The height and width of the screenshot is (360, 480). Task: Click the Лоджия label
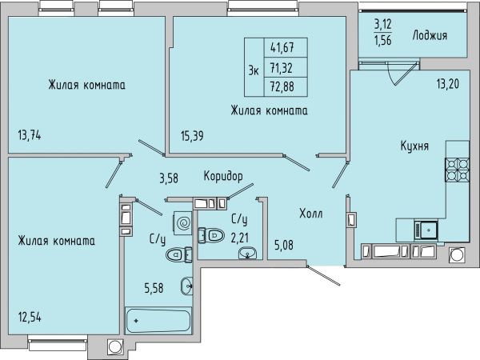pyautogui.click(x=430, y=35)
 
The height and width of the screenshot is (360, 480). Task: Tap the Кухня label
pyautogui.click(x=414, y=146)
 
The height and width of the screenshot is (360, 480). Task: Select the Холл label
pyautogui.click(x=310, y=214)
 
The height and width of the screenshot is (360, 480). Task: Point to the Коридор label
pyautogui.click(x=223, y=176)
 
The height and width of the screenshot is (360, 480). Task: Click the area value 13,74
pyautogui.click(x=30, y=135)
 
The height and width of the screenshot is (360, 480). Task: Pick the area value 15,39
pyautogui.click(x=192, y=136)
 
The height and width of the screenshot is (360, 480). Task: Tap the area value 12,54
pyautogui.click(x=30, y=318)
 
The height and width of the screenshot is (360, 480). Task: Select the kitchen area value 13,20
pyautogui.click(x=448, y=83)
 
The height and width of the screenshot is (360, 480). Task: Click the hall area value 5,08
pyautogui.click(x=284, y=245)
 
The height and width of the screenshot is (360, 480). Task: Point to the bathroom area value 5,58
pyautogui.click(x=154, y=288)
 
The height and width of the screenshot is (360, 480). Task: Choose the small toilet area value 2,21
pyautogui.click(x=240, y=238)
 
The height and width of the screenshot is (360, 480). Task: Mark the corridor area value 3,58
pyautogui.click(x=169, y=178)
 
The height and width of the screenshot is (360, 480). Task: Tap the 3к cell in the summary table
pyautogui.click(x=254, y=67)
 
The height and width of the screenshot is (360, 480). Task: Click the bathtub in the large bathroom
pyautogui.click(x=158, y=321)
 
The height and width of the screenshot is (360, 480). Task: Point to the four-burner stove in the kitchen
pyautogui.click(x=458, y=170)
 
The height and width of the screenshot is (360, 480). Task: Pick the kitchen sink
pyautogui.click(x=426, y=230)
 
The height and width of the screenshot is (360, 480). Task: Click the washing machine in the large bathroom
pyautogui.click(x=182, y=223)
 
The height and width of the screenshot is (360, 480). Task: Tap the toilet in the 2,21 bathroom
pyautogui.click(x=211, y=235)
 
